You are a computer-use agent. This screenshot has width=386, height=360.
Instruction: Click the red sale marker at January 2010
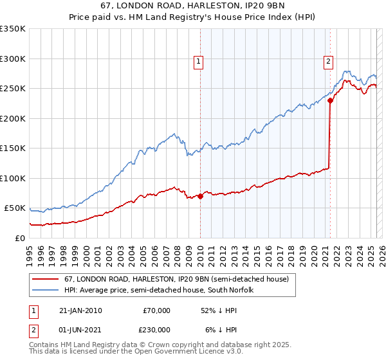click(x=200, y=196)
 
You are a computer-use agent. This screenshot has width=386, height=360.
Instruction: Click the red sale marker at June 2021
click(x=330, y=100)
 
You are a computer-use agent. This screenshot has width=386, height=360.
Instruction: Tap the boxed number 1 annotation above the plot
click(x=198, y=62)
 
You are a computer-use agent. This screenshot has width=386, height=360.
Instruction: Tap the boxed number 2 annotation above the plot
click(x=328, y=62)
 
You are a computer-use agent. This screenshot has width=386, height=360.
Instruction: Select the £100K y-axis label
click(x=13, y=178)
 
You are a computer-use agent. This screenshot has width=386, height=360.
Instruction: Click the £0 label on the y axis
click(x=19, y=238)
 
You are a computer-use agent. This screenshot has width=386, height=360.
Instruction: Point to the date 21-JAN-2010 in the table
click(x=80, y=310)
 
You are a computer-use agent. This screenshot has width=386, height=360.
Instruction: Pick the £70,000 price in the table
click(x=156, y=310)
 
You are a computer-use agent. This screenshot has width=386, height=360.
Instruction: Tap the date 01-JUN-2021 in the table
click(x=80, y=329)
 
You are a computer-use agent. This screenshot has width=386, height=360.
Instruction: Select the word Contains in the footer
click(x=45, y=346)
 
